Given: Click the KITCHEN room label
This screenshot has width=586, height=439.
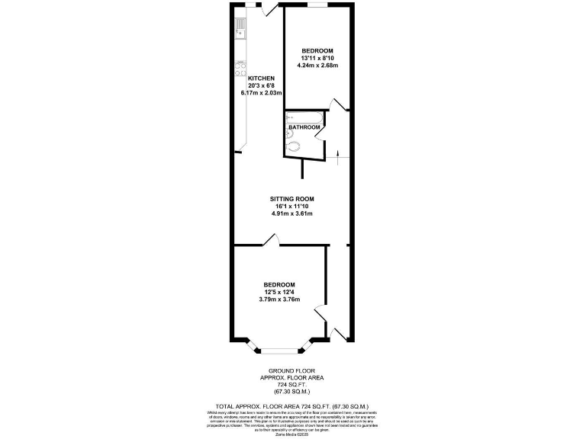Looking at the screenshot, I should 261,79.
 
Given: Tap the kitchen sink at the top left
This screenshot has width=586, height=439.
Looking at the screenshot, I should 240,30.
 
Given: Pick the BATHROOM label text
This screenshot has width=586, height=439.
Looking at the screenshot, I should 303,127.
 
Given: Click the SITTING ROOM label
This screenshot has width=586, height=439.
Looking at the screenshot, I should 292,199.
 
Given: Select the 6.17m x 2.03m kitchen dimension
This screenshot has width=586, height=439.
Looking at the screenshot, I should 261,93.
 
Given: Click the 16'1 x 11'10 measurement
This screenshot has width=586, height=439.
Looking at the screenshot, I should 292,206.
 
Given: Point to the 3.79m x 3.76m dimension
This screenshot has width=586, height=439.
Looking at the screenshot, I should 279,299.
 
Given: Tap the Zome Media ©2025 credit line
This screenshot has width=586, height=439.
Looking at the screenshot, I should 292,431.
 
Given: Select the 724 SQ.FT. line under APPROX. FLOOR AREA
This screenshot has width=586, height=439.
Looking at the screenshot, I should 293,385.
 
